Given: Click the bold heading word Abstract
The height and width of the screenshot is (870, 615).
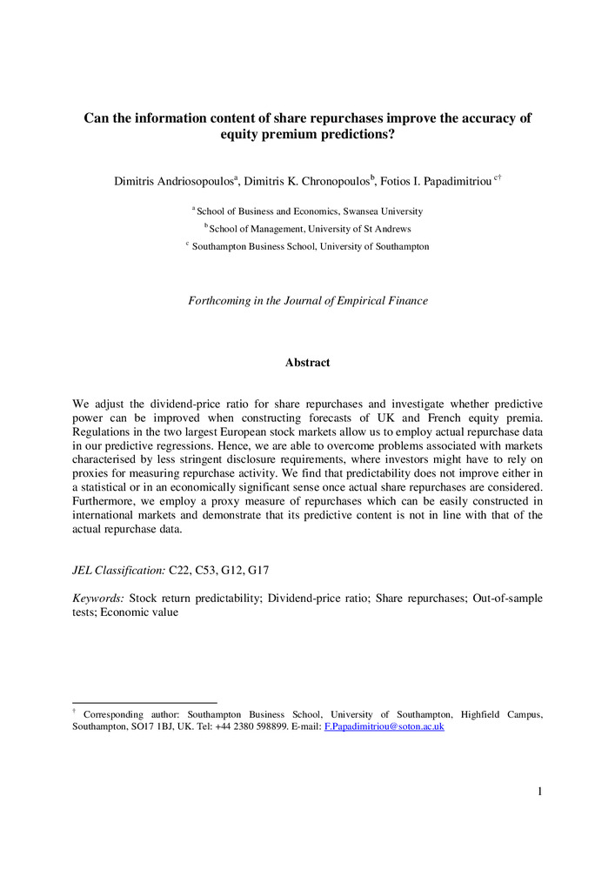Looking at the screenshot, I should (307, 362).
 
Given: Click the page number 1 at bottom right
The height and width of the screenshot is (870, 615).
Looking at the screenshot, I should (540, 791).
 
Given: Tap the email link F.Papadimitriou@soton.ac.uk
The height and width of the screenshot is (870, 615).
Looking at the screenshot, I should (384, 726).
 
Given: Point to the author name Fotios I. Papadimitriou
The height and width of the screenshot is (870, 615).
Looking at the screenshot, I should (431, 181).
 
